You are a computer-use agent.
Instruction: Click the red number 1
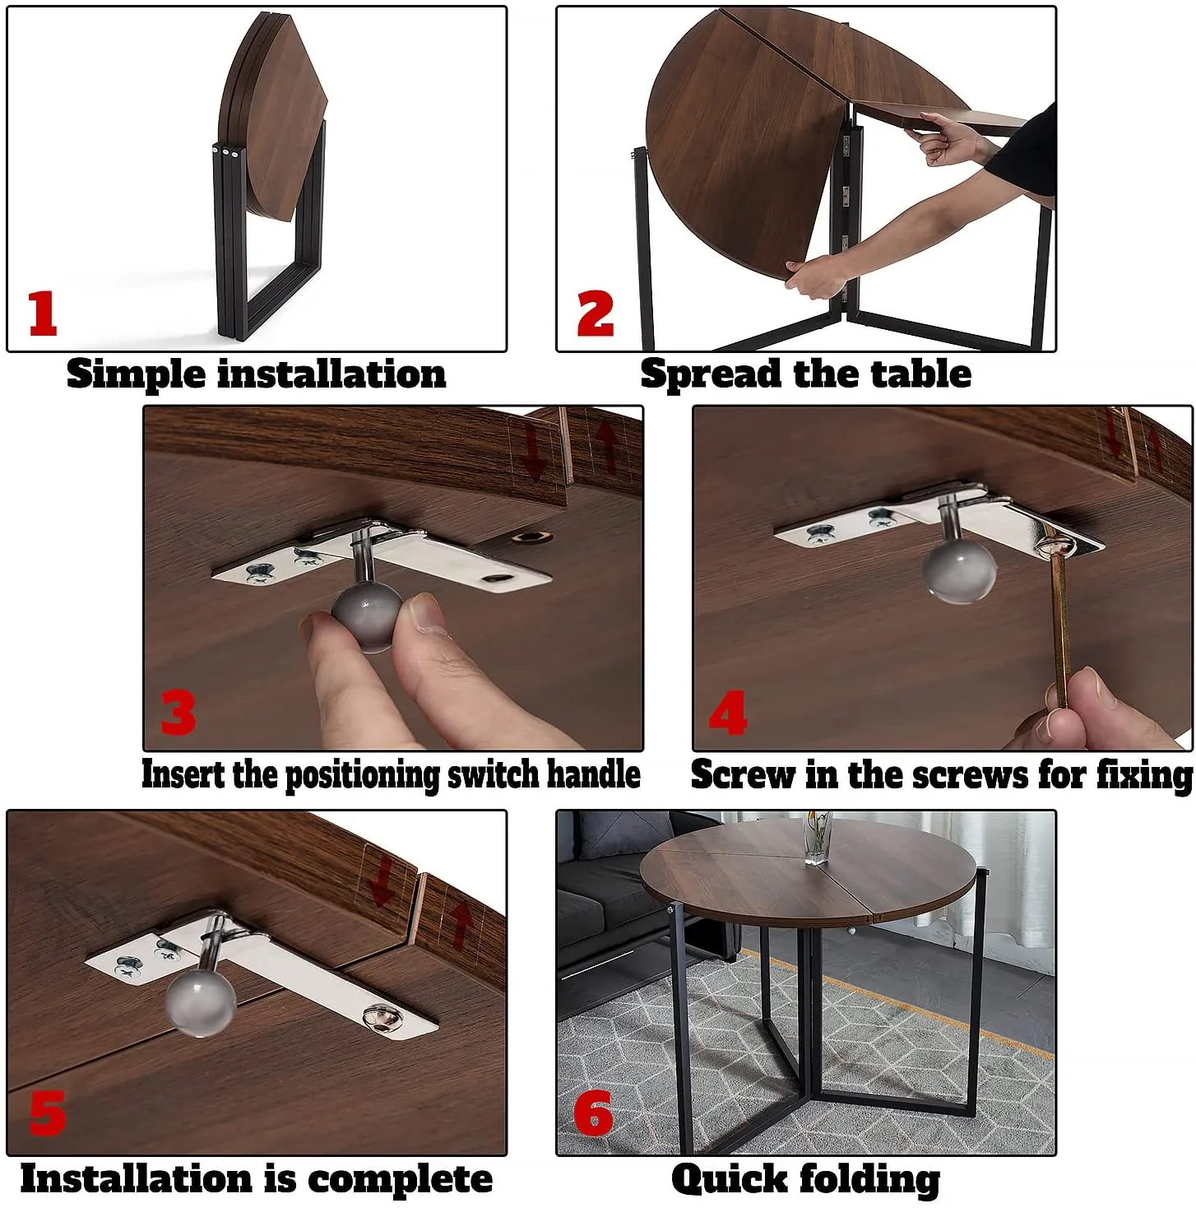pyautogui.click(x=43, y=313)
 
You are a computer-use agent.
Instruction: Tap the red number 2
pyautogui.click(x=596, y=314)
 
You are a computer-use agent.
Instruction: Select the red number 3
pyautogui.click(x=178, y=712)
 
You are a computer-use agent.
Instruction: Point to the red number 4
pyautogui.click(x=728, y=713)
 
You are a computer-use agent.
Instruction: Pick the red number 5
pyautogui.click(x=47, y=1114)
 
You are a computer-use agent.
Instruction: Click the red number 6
pyautogui.click(x=593, y=1113)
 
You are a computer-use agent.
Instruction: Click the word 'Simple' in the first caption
pyautogui.click(x=136, y=374)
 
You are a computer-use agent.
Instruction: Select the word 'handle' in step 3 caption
pyautogui.click(x=593, y=774)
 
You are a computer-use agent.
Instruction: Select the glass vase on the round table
pyautogui.click(x=817, y=838)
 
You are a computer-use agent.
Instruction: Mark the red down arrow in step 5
pyautogui.click(x=382, y=880)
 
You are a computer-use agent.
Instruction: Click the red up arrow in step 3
pyautogui.click(x=607, y=444)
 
